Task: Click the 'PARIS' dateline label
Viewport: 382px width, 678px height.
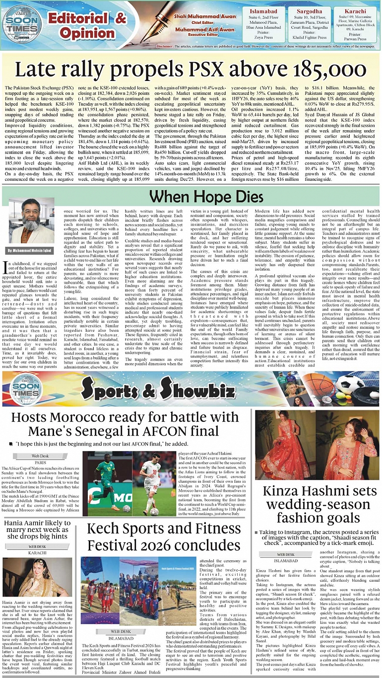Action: (41, 461)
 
